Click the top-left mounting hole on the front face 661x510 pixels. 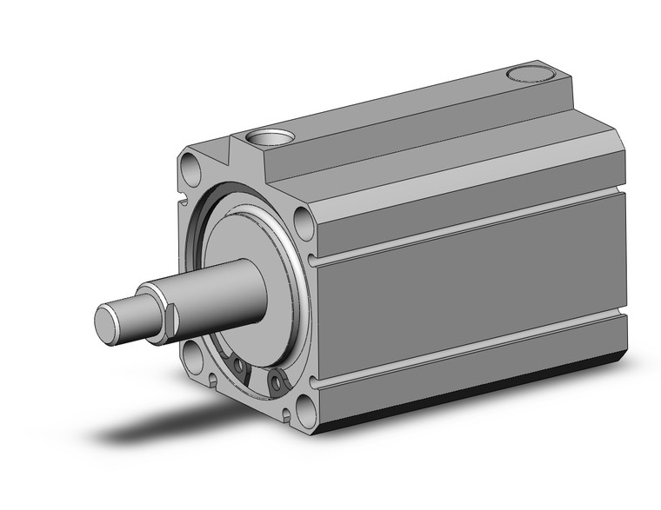coord(190,164)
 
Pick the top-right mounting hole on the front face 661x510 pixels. coord(304,222)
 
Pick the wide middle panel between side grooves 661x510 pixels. coord(470,287)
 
